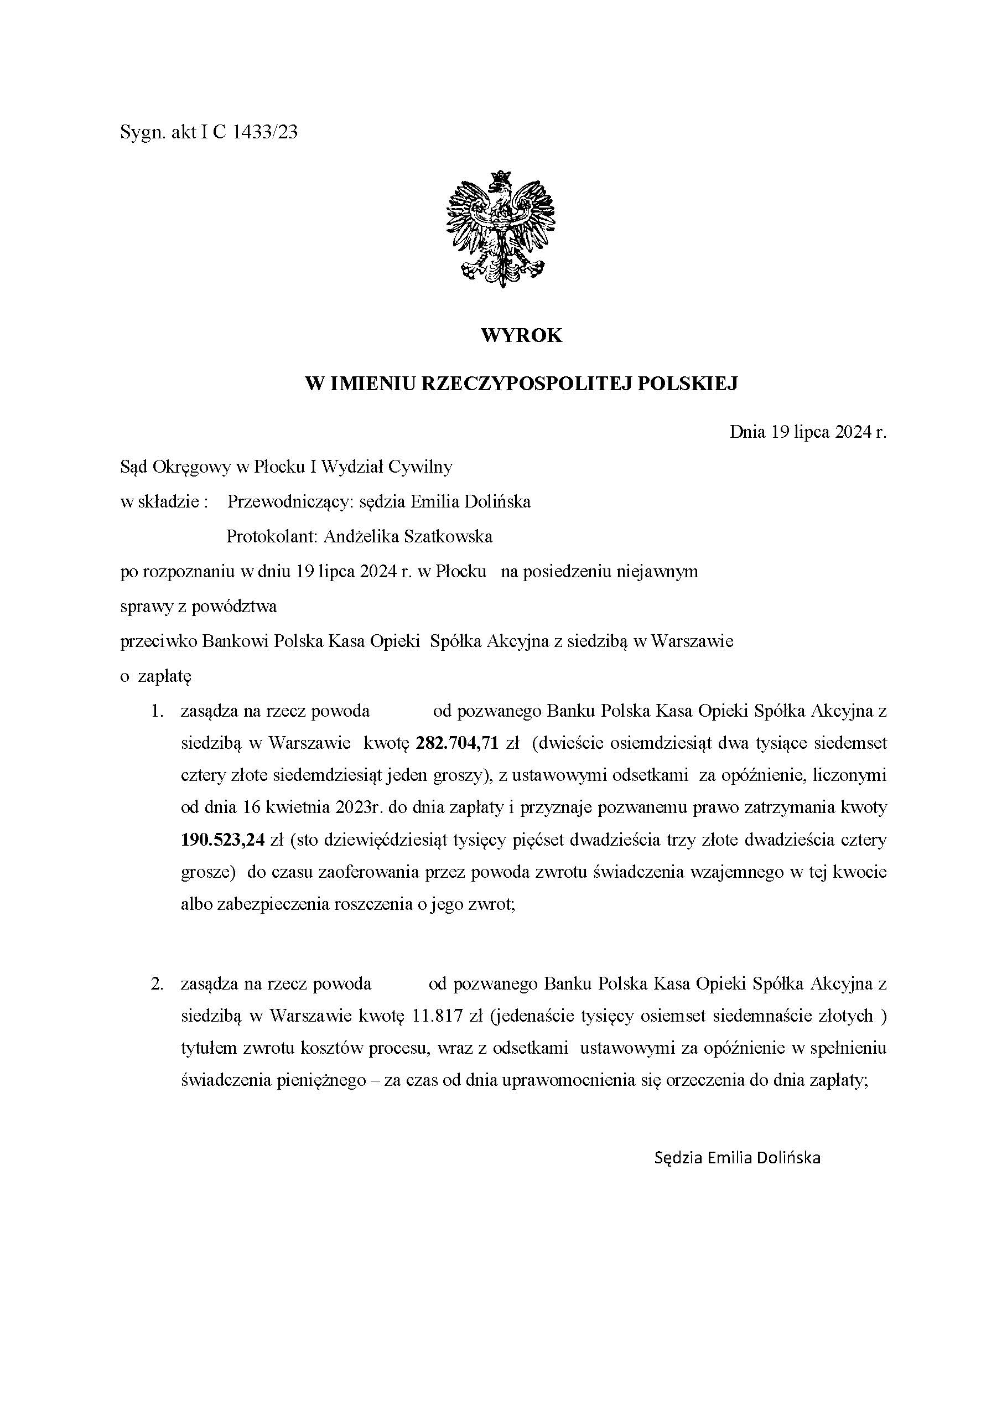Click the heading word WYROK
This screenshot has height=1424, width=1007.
coord(521,335)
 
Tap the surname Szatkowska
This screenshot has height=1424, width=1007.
coord(448,536)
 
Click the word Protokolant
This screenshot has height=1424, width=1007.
coord(271,536)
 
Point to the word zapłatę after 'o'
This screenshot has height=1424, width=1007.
coord(165,676)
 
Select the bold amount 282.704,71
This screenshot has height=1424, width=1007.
coord(458,743)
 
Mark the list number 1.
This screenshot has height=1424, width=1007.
coord(157,711)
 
